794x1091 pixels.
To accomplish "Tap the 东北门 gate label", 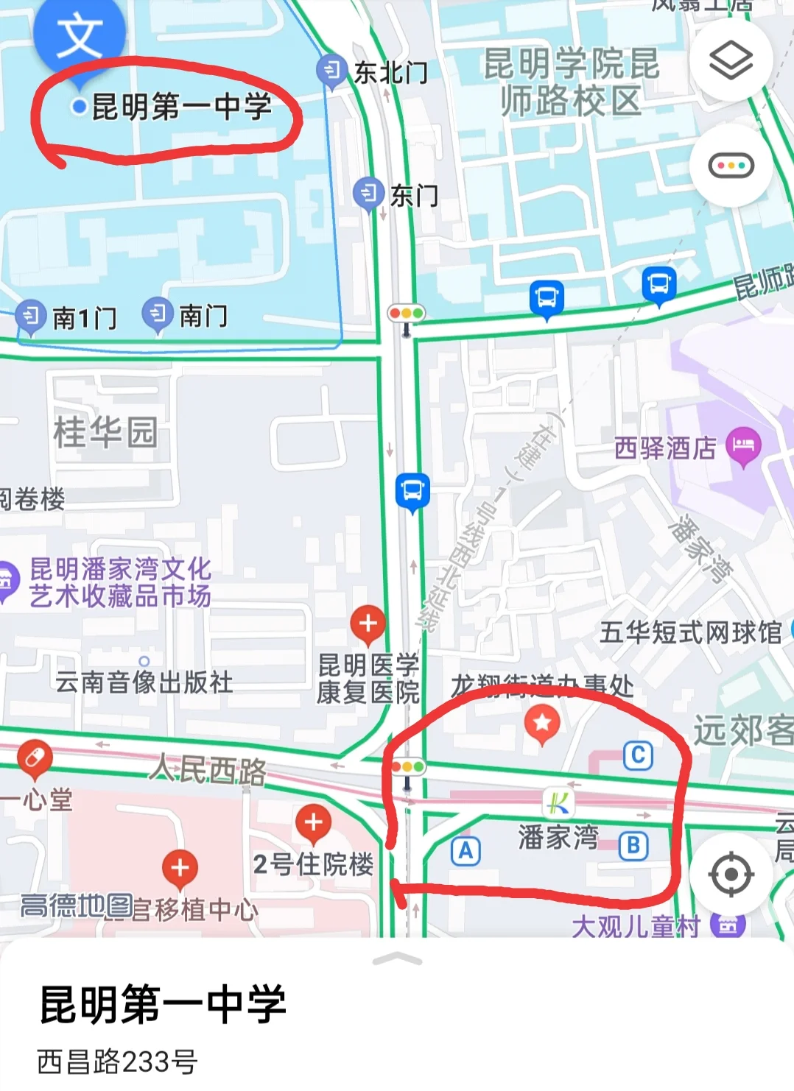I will (390, 73).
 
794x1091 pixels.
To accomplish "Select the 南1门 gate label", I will (84, 318).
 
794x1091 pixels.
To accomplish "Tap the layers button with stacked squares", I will (731, 61).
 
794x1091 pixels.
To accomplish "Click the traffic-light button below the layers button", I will (731, 166).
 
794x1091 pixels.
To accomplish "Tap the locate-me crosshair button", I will (731, 874).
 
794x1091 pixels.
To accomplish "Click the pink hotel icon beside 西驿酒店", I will (743, 445).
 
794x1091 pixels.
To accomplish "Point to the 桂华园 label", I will (105, 431).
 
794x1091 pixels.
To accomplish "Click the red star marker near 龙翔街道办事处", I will (542, 723).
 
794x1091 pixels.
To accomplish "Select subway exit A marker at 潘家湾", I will (465, 851).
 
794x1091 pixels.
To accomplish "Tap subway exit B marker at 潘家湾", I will (633, 846).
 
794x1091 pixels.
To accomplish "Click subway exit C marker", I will (638, 755).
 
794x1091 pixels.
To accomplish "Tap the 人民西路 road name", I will (208, 770).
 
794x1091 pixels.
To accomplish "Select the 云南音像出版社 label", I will (144, 682).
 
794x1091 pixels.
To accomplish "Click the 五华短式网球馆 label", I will (690, 632).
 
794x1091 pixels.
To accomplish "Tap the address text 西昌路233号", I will (118, 1062).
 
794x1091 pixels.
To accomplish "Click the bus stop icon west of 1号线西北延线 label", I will (412, 490).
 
